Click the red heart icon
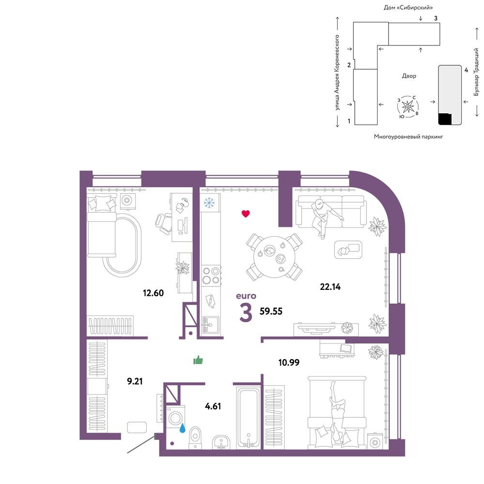(246, 213)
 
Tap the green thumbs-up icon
(198, 360)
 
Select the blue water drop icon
(182, 427)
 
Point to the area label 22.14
(330, 287)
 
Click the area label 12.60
(153, 293)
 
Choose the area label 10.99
(289, 362)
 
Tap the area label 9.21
(135, 381)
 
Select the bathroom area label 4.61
(213, 406)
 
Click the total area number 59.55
(271, 311)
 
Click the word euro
(246, 296)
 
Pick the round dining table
(274, 257)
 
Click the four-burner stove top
(211, 276)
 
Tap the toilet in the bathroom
(195, 437)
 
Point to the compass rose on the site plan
(408, 107)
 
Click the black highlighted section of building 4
(445, 119)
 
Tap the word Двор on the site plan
(409, 76)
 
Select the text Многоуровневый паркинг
(408, 136)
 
